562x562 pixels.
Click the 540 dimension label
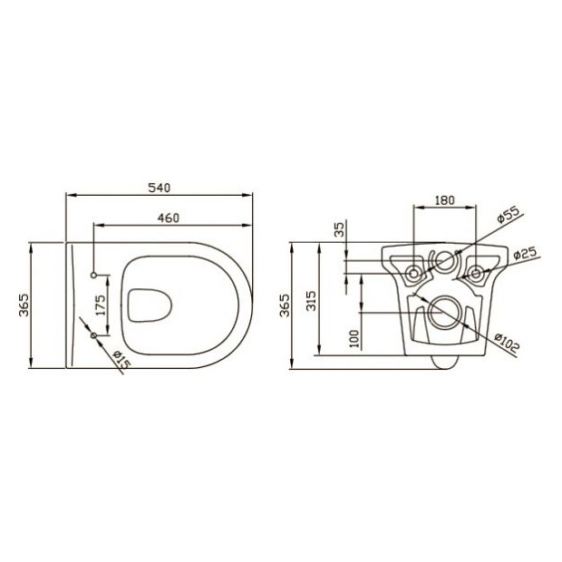coord(160,188)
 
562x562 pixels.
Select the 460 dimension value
coord(169,218)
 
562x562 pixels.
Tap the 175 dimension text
coord(102,305)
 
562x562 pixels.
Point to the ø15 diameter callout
coord(121,359)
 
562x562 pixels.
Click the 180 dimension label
coord(444,200)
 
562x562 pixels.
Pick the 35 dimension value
coord(339,229)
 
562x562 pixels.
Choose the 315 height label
coord(311,301)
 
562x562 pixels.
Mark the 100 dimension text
coord(354,339)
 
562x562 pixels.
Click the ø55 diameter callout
coord(508,215)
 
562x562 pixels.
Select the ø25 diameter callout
coord(525,253)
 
